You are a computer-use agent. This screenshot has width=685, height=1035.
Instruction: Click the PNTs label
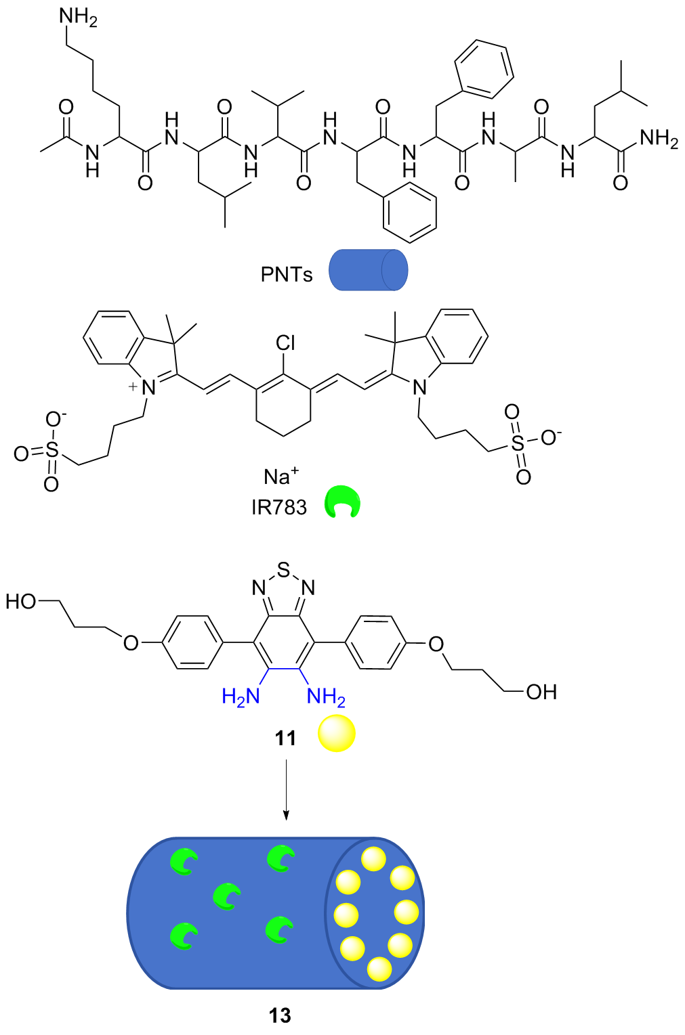coord(286,274)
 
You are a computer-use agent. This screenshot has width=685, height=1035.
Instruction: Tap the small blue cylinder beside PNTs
coord(368,270)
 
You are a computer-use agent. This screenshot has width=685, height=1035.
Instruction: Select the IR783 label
coord(278,507)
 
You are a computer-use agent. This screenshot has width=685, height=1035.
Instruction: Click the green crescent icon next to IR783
coord(343,502)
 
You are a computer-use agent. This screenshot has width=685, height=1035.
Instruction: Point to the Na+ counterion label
coord(281,477)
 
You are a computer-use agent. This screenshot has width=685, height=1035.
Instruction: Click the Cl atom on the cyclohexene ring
coord(285,343)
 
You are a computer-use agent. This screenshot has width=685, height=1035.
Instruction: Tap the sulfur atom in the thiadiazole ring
coord(283,570)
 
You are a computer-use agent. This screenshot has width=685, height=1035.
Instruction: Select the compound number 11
coord(285,737)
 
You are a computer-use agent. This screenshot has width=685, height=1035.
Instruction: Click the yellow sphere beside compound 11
coord(337,734)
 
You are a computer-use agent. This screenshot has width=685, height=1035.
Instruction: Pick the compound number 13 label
coord(279,1015)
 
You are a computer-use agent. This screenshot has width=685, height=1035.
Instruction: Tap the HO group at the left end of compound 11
coord(20,601)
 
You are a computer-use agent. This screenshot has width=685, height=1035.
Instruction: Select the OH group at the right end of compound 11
coord(541,692)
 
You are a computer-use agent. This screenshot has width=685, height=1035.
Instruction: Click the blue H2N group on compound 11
coord(241,696)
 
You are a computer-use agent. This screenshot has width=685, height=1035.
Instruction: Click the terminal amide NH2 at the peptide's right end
coord(659,139)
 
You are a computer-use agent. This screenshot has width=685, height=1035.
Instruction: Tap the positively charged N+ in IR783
coord(148,387)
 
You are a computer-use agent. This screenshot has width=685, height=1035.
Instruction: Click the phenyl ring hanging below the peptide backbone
coord(409,213)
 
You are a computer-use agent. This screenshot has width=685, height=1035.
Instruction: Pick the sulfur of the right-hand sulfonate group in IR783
coord(518,443)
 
